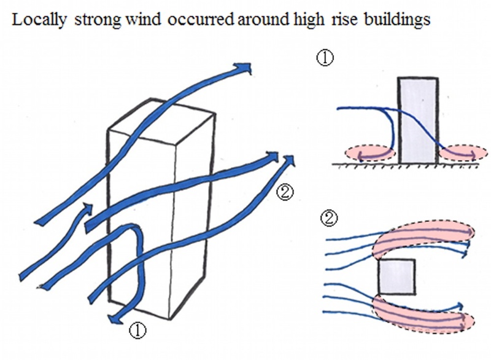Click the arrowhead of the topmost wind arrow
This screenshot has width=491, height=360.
click(x=244, y=68)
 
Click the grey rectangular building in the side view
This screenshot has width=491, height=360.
click(x=418, y=120)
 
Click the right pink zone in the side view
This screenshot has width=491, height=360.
click(x=457, y=154)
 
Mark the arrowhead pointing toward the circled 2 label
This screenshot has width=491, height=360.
click(x=288, y=161)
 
